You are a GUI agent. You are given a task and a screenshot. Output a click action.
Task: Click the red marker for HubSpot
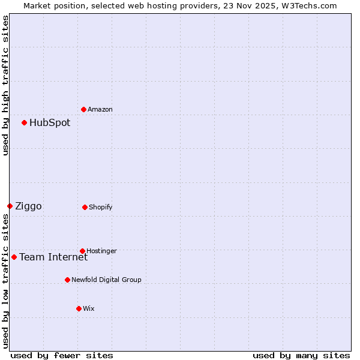[x=24, y=122]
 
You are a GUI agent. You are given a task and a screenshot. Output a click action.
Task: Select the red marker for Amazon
[x=83, y=109]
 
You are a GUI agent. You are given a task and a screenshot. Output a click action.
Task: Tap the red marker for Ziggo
[x=10, y=206]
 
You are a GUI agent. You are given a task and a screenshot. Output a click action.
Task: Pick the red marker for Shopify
[x=85, y=207]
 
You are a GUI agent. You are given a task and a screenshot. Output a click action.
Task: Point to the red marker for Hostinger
[x=82, y=251]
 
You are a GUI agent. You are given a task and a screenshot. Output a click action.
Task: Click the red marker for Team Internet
[x=14, y=257]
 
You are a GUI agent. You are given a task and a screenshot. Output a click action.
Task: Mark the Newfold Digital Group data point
[x=67, y=280]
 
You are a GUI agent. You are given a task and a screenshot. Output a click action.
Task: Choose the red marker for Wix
[x=79, y=308]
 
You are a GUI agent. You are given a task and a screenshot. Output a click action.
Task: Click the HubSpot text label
[x=50, y=123]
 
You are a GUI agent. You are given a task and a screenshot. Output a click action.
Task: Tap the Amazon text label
[x=100, y=110]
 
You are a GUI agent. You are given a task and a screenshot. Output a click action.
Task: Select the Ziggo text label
[x=28, y=206]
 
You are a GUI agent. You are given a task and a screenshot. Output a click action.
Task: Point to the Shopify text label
[x=101, y=208]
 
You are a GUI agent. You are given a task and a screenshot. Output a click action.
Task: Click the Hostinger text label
[x=101, y=251]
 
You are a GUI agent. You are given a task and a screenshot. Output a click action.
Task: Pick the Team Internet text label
[x=53, y=257]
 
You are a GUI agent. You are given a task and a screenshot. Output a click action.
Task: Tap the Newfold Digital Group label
[x=106, y=280]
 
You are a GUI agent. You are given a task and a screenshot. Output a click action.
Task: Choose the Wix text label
[x=89, y=309]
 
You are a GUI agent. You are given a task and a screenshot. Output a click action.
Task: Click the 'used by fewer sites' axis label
[x=62, y=355]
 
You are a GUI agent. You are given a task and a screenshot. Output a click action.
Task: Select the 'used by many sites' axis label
[x=301, y=355]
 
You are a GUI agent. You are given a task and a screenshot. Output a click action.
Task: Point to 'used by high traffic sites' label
[x=5, y=85]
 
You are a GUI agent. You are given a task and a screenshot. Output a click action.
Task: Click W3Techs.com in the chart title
[x=309, y=5]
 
